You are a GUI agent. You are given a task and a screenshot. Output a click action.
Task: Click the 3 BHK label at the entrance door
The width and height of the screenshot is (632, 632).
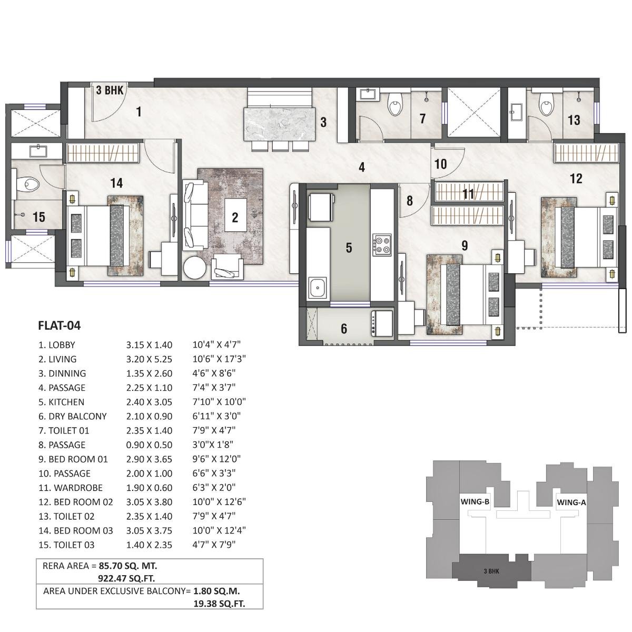(x=110, y=91)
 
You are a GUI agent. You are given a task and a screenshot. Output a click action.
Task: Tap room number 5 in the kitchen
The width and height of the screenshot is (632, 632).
(x=349, y=247)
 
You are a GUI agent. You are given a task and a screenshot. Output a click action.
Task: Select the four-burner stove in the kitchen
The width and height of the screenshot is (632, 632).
(x=382, y=244)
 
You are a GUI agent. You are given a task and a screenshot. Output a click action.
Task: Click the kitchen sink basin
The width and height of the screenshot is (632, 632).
(x=318, y=289)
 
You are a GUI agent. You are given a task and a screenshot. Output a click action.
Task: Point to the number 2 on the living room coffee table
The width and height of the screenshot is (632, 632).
(x=235, y=217)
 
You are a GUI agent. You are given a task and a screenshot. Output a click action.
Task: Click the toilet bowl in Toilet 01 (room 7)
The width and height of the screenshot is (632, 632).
(x=394, y=105)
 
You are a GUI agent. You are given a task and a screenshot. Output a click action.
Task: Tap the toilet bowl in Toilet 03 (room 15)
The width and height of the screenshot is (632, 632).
(x=30, y=184)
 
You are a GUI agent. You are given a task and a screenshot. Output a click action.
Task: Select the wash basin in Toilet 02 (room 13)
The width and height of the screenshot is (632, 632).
(x=516, y=111)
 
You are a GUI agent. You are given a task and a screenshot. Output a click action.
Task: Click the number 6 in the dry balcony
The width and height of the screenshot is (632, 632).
(x=344, y=329)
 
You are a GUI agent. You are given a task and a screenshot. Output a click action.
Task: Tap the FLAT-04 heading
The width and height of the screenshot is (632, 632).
(x=59, y=325)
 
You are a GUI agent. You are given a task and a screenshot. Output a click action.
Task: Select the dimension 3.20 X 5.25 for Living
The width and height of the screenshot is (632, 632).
(x=149, y=359)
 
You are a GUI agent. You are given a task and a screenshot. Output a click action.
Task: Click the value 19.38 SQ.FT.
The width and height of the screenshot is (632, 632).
(x=220, y=604)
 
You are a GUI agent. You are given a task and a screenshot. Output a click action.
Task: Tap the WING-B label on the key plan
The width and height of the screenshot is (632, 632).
(x=475, y=501)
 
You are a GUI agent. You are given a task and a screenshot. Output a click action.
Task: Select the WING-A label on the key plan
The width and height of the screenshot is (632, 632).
(x=571, y=502)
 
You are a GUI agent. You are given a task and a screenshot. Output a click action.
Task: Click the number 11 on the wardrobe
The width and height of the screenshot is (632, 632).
(x=468, y=194)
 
